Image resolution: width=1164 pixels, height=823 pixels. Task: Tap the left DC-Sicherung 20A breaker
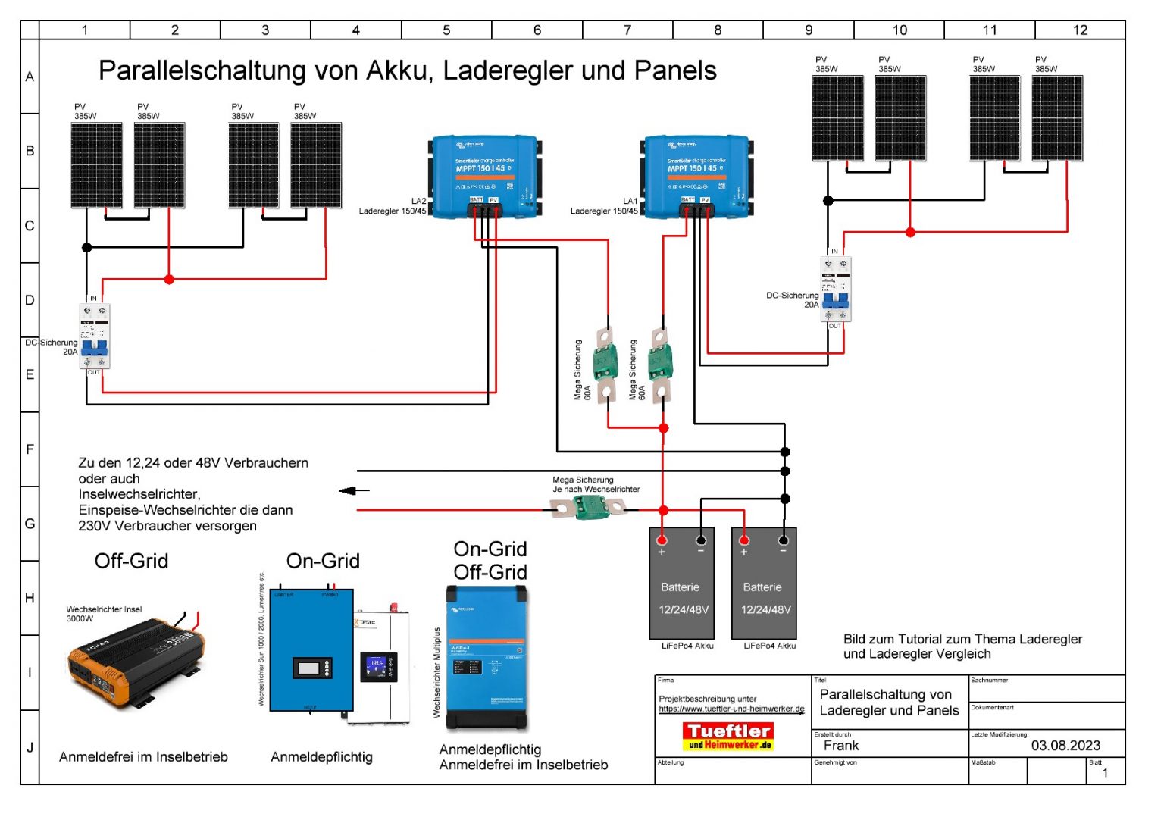tap(94, 336)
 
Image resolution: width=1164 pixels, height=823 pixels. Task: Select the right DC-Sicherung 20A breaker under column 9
tap(835, 289)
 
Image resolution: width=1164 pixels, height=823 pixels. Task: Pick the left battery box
tap(681, 584)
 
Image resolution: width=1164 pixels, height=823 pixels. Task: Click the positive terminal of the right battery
tap(744, 540)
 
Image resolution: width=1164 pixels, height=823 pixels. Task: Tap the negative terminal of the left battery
tap(701, 540)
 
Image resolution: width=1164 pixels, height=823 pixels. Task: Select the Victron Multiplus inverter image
tap(487, 658)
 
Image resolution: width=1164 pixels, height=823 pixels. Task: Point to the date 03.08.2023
tap(1065, 746)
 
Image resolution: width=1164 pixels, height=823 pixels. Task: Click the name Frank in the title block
tap(841, 746)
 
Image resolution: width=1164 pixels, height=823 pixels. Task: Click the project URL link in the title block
tap(731, 709)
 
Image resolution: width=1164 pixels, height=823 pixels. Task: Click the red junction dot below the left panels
tap(169, 280)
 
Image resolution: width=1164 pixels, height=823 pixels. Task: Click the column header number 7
tap(627, 30)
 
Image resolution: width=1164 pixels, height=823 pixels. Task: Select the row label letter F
tap(30, 449)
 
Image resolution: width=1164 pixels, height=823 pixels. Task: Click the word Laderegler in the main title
tap(500, 70)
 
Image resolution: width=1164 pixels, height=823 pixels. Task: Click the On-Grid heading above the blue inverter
tap(323, 561)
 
